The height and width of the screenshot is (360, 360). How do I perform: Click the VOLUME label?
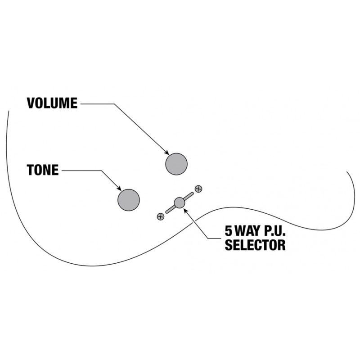52,103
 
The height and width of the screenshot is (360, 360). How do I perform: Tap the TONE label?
42,170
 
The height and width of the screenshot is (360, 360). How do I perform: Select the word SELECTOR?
255,245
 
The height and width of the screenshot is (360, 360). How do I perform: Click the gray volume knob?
176,164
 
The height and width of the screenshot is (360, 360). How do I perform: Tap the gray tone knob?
129,200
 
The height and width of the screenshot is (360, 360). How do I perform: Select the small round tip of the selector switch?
180,202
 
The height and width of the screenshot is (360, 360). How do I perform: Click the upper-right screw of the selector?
198,189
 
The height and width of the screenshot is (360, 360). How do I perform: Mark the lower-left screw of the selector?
160,216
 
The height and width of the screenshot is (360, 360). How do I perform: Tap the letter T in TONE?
30,170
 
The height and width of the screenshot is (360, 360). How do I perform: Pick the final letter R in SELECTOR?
281,245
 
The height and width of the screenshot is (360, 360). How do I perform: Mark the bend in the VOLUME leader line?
114,104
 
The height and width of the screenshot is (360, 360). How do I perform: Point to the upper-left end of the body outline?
8,111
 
